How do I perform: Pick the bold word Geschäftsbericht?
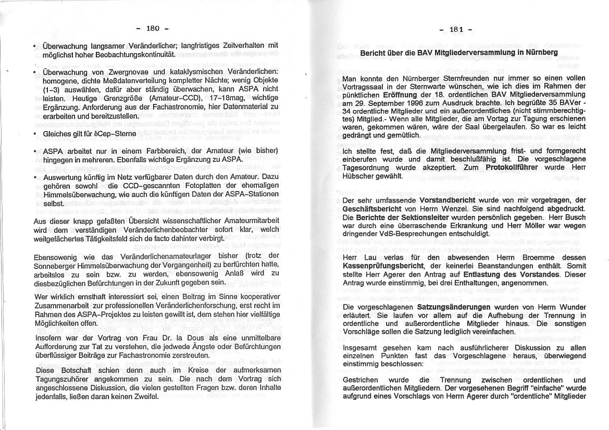tap(371, 208)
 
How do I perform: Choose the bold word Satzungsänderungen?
tap(454, 307)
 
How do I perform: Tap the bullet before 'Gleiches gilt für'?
tap(34, 134)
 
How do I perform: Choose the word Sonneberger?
tap(55, 265)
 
